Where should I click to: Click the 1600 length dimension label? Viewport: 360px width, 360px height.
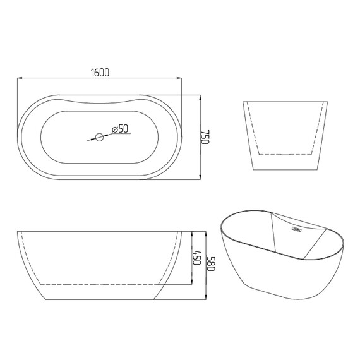pos(100,73)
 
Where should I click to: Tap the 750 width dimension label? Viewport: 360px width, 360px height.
pos(205,137)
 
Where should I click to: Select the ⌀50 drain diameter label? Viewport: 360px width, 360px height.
pos(120,129)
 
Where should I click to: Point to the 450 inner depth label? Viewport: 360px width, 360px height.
pos(197,258)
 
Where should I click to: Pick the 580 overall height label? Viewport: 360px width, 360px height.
pos(211,263)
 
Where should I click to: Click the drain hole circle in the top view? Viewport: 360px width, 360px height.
pos(99,137)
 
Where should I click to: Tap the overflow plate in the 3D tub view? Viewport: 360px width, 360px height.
pos(296,229)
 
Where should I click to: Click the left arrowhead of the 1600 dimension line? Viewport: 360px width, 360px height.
pos(20,78)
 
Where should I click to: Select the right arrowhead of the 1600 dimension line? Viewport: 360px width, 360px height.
pos(179,78)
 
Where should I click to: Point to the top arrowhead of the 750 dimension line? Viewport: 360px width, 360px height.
pos(200,97)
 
